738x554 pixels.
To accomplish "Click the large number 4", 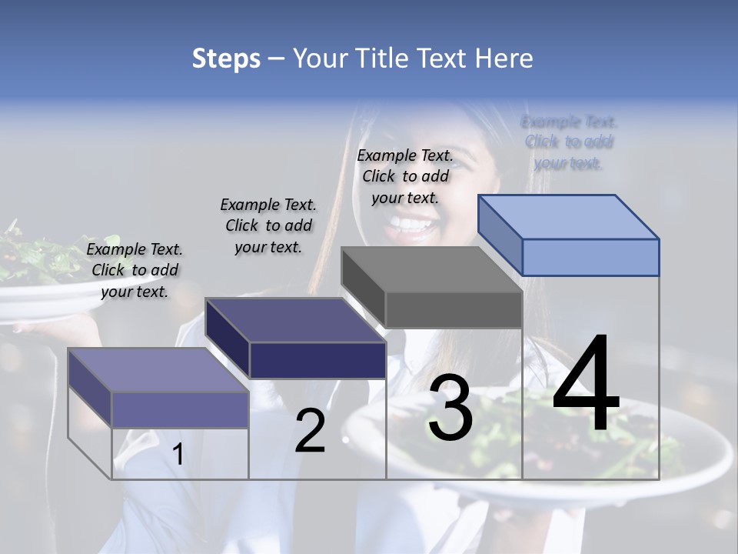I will coord(586,385).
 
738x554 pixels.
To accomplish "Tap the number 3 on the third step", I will coord(450,409).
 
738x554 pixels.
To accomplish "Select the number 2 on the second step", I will coord(310,432).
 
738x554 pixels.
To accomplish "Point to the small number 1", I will coord(178,455).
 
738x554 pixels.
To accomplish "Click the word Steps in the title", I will coord(226,58).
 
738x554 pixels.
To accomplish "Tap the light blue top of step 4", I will coord(567,216).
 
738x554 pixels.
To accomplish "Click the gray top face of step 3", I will coord(430,269).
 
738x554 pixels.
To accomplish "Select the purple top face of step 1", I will coord(158,370).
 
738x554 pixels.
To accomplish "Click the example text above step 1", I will coord(135,270).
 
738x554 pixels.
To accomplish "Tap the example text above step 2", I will coord(268,225).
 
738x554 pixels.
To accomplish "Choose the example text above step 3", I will coord(405,176).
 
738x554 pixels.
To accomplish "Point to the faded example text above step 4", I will coord(569,142).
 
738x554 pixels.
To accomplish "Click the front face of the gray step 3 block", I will coord(454,310).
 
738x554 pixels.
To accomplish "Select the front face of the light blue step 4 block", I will coord(590,257).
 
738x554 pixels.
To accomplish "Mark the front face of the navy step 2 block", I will coord(317,360).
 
